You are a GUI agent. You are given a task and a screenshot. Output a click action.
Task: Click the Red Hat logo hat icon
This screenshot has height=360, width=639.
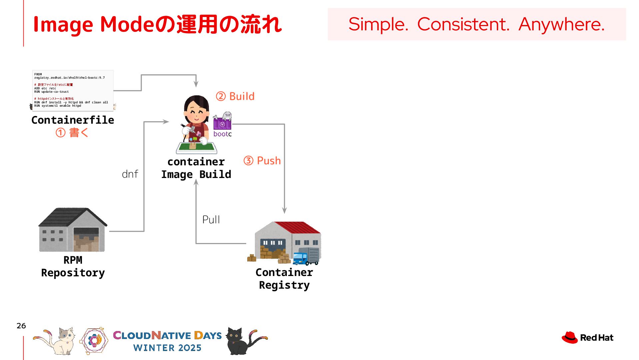coord(569,337)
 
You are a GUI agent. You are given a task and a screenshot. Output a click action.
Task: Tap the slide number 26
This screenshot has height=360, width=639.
coord(21,326)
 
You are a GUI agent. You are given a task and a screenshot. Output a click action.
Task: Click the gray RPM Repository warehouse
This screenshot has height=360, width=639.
coord(72,230)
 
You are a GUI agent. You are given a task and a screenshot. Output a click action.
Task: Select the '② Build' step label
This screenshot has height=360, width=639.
coord(236,96)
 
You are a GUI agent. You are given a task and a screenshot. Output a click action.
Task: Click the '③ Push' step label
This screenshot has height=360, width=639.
coord(262,161)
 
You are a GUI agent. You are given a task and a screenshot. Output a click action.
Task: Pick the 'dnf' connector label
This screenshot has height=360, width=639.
coord(130,174)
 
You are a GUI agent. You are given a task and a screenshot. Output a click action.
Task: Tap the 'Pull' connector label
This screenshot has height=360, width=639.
coord(211,220)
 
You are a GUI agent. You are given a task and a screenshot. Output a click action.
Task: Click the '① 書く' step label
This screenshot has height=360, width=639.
coord(72,133)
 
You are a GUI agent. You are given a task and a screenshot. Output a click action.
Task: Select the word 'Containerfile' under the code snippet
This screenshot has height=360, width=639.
coord(73,120)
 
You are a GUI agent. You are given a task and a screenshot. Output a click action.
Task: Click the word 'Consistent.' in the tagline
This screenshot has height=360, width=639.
coord(463,24)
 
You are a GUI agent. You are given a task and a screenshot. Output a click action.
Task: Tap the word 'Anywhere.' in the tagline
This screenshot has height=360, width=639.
coord(561,24)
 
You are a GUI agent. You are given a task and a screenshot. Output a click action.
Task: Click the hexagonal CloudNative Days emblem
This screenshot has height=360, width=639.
coord(94,340)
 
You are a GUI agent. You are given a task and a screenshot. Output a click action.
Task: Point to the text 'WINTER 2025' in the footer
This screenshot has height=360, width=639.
coord(167,348)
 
